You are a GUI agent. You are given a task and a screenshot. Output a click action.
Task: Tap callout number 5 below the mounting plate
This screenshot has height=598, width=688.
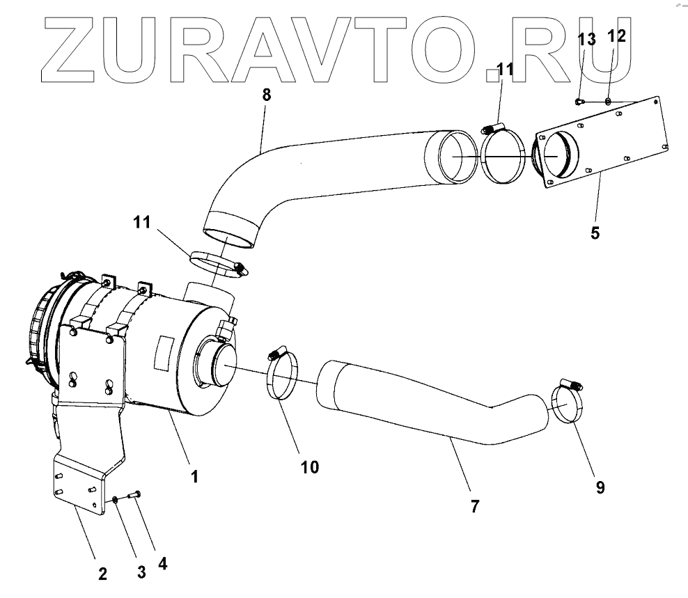595,233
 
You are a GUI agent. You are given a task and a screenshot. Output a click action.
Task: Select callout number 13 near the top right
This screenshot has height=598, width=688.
588,40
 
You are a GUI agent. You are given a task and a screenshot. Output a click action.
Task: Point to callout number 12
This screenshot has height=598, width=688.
617,36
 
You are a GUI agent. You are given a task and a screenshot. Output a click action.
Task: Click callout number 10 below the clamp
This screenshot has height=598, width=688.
310,466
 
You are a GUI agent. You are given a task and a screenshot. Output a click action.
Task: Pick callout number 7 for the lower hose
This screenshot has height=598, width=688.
474,506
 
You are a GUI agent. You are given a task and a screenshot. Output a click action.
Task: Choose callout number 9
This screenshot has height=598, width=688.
600,487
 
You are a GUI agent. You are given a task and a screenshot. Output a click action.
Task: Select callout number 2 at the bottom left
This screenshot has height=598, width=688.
102,574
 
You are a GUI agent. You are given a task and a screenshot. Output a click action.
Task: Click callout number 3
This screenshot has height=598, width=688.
141,572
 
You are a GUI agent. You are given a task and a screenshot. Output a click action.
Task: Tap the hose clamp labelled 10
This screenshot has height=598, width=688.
282,376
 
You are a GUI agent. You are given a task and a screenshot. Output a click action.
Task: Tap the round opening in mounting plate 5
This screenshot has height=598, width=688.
559,157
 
